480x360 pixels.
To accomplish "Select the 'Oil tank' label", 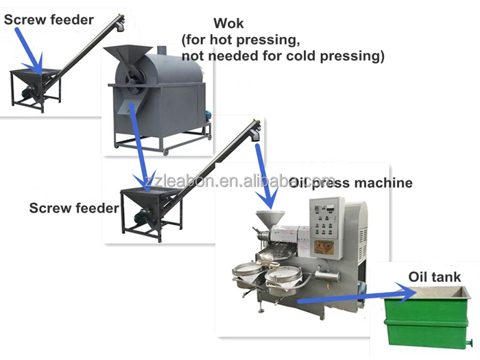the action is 435,278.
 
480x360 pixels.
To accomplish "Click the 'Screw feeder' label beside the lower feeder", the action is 74,207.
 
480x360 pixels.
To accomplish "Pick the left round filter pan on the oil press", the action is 245,270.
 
